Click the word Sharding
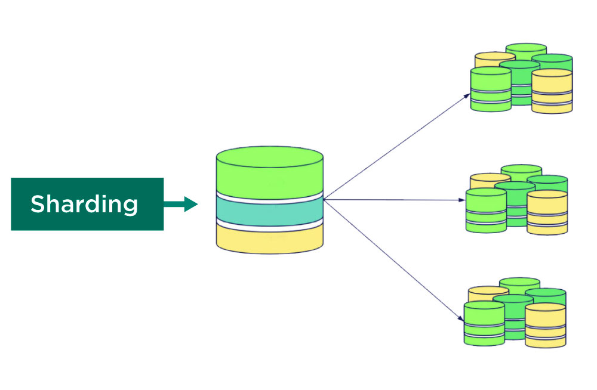pyautogui.click(x=84, y=204)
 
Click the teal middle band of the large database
pyautogui.click(x=269, y=210)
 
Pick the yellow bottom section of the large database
pyautogui.click(x=269, y=239)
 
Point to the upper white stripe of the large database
pyautogui.click(x=269, y=197)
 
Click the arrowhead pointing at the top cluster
pyautogui.click(x=466, y=95)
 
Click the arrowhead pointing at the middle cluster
pyautogui.click(x=461, y=200)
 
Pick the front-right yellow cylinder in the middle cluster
pyautogui.click(x=547, y=212)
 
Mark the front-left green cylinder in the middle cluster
pyautogui.click(x=486, y=210)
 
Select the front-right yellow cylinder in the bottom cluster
pyautogui.click(x=545, y=325)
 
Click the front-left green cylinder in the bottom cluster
pyautogui.click(x=484, y=323)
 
